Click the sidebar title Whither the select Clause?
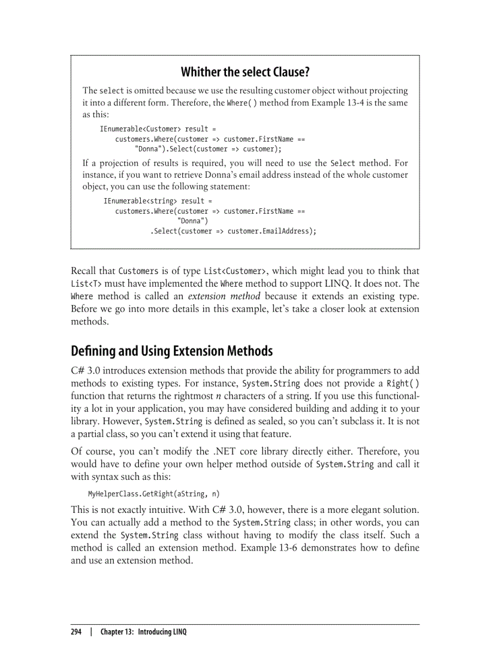click(x=244, y=72)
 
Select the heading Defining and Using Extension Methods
click(x=171, y=350)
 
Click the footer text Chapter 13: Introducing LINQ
click(x=143, y=632)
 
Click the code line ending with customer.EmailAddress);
click(x=233, y=231)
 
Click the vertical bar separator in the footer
click(x=91, y=632)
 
